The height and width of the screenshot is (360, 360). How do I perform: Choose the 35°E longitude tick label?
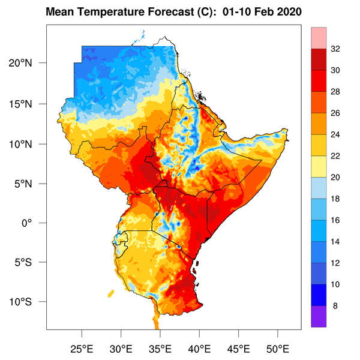[x=160, y=348]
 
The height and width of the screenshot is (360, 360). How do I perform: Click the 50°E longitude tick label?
[x=277, y=348]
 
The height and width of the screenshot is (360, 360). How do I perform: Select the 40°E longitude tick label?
[x=199, y=348]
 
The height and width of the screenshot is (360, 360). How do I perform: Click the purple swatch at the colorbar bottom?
[x=319, y=316]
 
